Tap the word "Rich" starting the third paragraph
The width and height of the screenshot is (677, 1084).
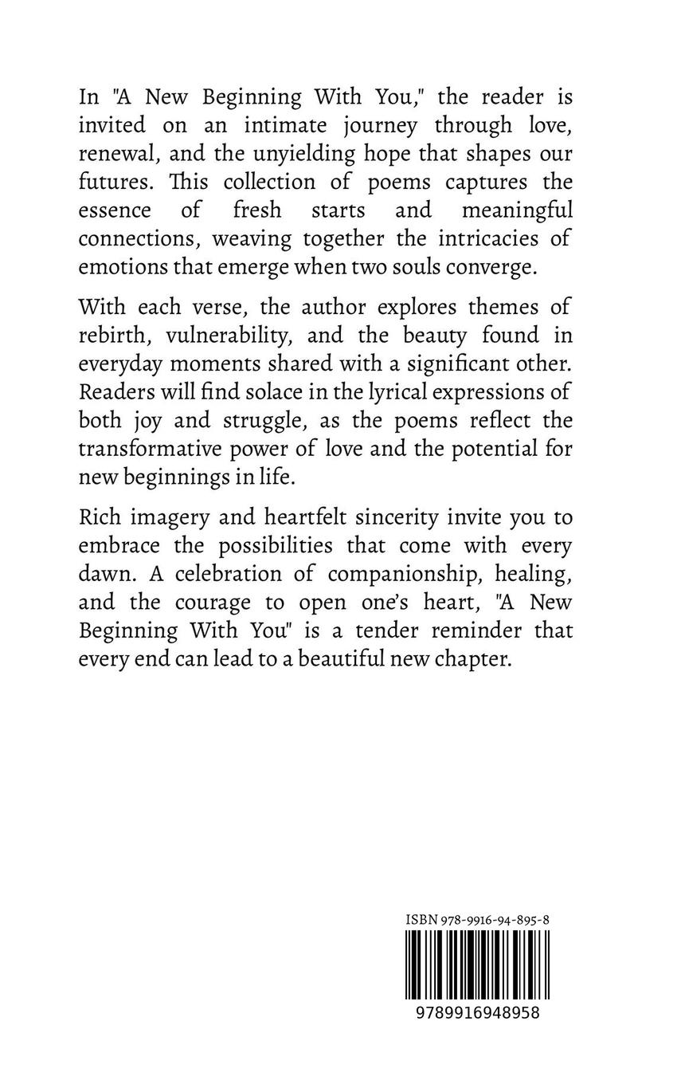tap(99, 518)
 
